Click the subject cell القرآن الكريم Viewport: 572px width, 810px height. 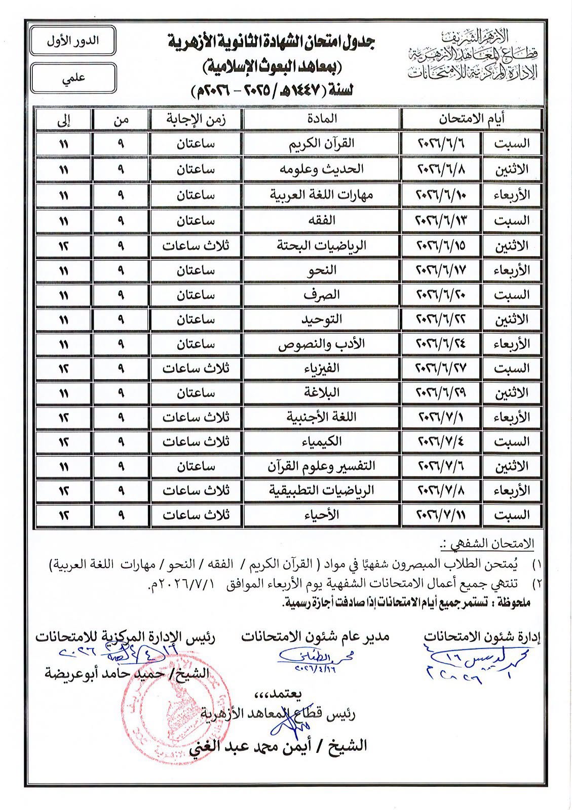coord(322,144)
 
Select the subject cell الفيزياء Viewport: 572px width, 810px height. coord(322,368)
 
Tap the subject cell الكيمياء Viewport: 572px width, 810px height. coord(322,441)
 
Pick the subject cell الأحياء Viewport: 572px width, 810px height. coord(322,515)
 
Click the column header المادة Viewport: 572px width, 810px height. coord(322,119)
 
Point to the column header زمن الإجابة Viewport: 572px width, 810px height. coord(196,119)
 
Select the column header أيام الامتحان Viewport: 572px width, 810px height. coord(471,119)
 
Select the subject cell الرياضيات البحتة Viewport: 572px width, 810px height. coord(322,246)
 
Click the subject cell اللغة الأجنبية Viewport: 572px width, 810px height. coord(322,417)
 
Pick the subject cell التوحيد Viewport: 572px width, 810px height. coord(322,319)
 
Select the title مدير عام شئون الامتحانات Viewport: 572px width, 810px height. coord(315,636)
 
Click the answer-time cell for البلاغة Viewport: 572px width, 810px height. coord(196,392)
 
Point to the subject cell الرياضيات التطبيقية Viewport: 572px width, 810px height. coord(322,490)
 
